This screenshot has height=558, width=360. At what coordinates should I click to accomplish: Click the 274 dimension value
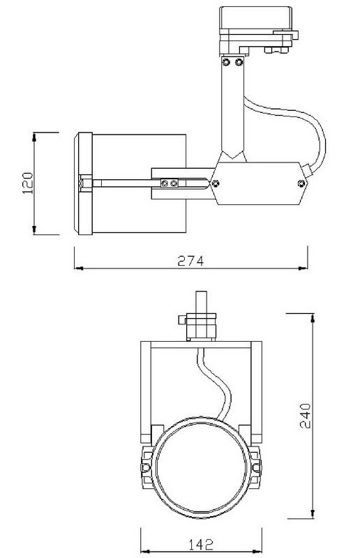point(190,260)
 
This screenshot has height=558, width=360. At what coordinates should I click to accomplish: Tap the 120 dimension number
point(27,183)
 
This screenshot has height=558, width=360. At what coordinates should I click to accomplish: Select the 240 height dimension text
point(305,415)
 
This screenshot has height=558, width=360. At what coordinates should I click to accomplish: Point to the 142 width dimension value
point(201,544)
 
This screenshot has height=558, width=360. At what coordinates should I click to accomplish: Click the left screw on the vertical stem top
point(226,62)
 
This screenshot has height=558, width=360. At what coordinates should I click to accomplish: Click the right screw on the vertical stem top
point(239,62)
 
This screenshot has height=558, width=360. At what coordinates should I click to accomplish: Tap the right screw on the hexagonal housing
point(301,183)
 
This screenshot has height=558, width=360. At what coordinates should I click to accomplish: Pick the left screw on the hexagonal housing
point(215,183)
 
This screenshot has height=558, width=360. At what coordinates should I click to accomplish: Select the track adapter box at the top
point(255,19)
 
